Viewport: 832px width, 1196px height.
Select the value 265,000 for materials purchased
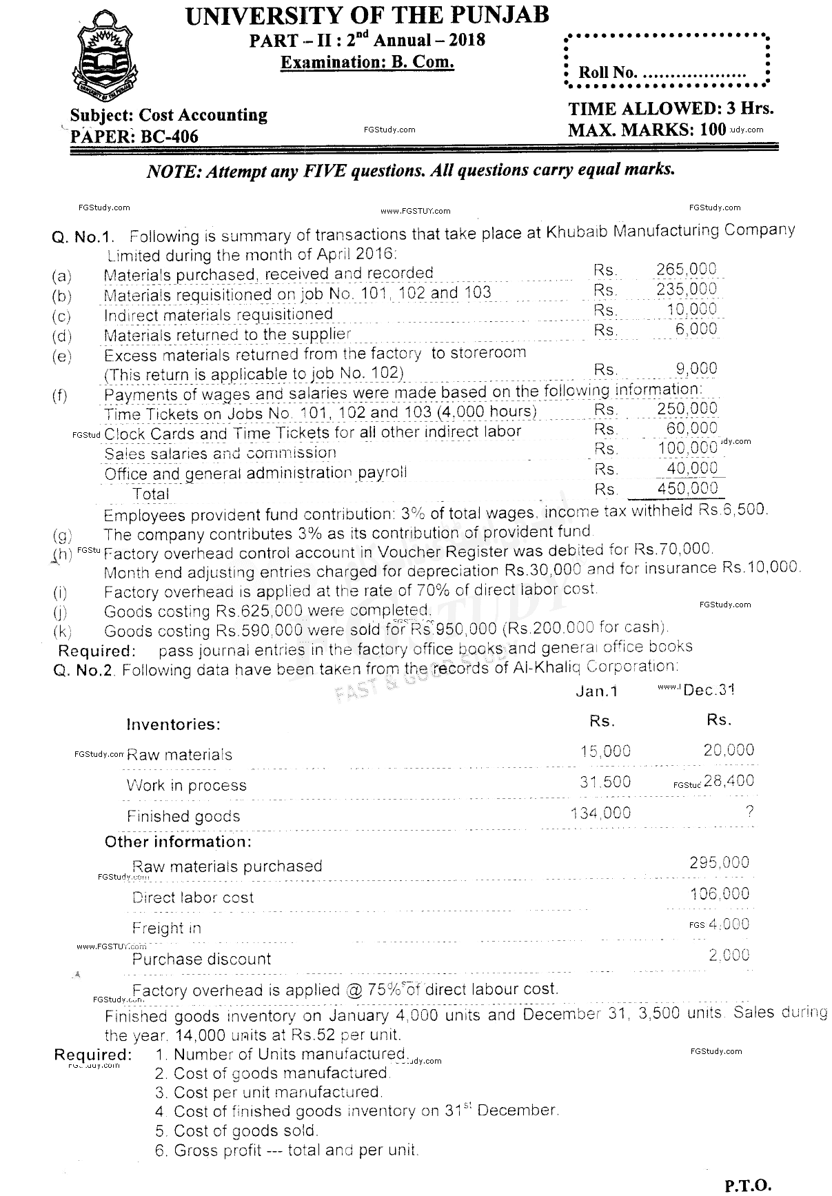coord(686,269)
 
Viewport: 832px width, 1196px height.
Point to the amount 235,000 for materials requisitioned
coord(686,289)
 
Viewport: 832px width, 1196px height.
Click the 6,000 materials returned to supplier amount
coord(696,329)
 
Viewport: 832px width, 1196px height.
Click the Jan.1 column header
coord(596,691)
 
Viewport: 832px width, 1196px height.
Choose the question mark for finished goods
coord(749,811)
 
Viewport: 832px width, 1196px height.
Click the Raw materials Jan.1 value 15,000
coord(605,751)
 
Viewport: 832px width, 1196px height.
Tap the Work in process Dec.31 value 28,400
coord(729,781)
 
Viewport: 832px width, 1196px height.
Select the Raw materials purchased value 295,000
coord(719,862)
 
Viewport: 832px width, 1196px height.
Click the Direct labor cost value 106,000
coord(719,894)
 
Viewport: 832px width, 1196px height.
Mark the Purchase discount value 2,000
coord(729,955)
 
